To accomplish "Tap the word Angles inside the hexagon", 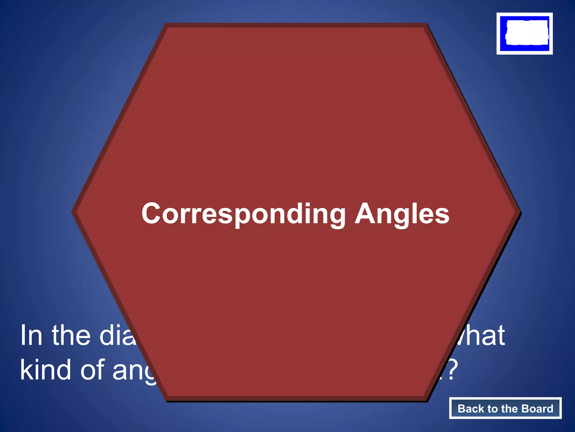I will pos(402,214).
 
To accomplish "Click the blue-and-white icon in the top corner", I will pos(524,33).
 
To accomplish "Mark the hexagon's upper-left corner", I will pos(166,24).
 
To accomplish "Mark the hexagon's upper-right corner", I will pos(426,24).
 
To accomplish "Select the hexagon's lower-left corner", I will pos(166,399).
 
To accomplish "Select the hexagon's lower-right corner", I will pos(426,399).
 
